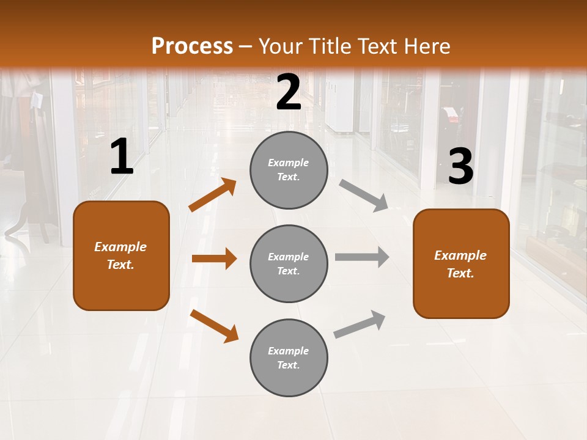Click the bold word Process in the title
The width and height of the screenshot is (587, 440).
pos(192,46)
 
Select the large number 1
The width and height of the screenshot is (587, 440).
pos(122,157)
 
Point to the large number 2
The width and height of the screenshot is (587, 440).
pos(289,93)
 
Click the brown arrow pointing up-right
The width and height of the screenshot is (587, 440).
pos(213,195)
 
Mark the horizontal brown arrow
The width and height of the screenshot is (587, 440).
pos(214,258)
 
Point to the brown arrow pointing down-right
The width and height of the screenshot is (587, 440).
pos(214,326)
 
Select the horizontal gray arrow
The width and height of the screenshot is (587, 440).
pos(362,257)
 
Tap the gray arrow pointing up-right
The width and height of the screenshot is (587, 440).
pos(360,324)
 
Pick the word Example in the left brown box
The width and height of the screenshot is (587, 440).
pos(120,247)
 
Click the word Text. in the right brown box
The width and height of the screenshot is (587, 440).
pos(460,273)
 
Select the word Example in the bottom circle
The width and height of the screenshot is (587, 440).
pos(288,351)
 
